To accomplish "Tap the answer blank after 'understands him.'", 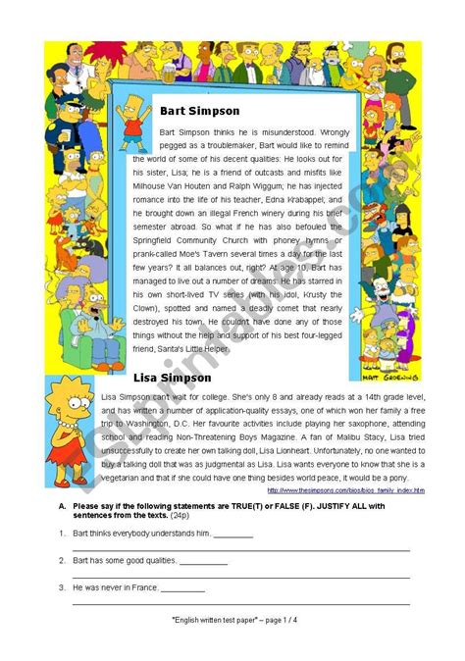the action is pyautogui.click(x=232, y=534).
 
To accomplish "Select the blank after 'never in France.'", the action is pyautogui.click(x=182, y=588).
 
